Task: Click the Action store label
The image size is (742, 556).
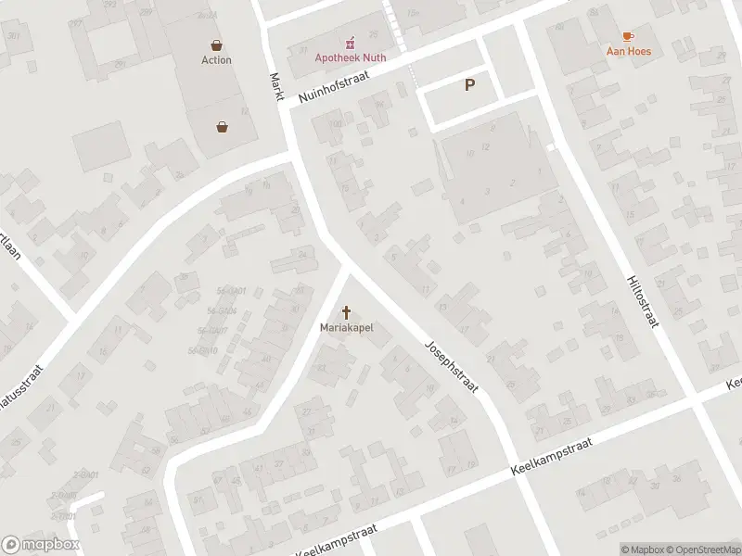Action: [216, 60]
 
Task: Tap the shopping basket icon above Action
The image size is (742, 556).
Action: [216, 44]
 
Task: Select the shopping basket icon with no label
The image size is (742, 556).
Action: [223, 127]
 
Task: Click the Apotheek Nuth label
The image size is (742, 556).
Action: [351, 57]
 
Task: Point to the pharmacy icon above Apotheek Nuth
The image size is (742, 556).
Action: [351, 42]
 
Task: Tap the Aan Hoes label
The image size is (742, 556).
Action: [628, 52]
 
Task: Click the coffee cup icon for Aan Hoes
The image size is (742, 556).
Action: [628, 36]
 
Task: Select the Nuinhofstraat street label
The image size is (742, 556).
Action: [334, 90]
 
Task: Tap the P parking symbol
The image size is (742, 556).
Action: [469, 85]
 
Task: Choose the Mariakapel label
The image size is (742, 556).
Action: [346, 328]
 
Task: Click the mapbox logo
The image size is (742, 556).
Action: [41, 545]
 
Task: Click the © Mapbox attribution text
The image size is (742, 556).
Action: [641, 550]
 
